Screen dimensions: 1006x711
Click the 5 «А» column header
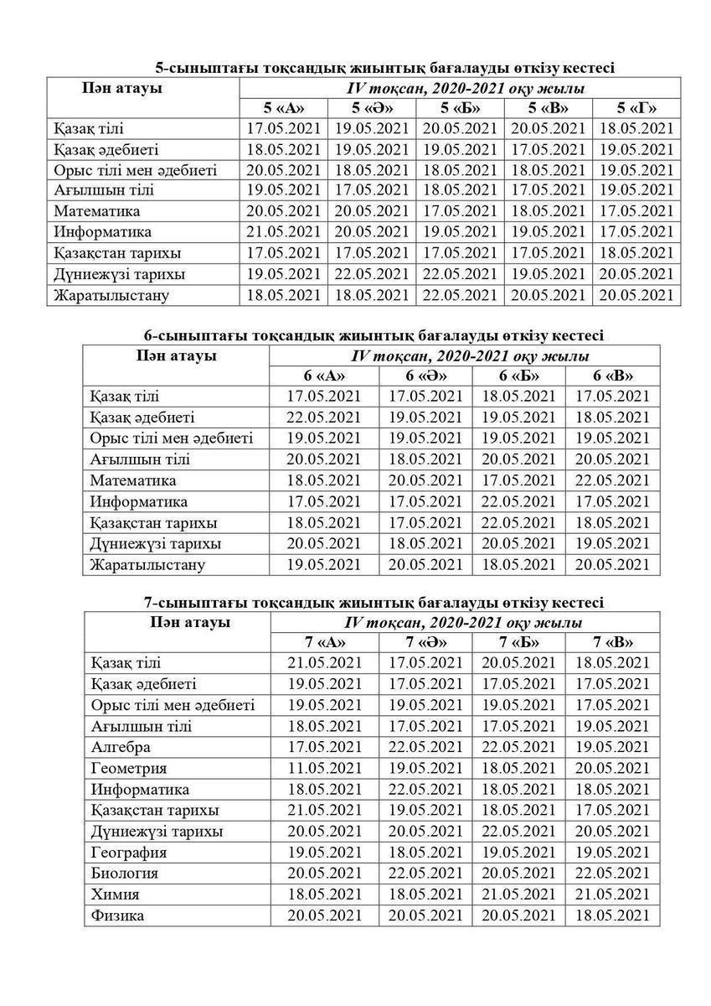click(283, 108)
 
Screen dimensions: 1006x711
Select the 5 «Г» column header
click(636, 108)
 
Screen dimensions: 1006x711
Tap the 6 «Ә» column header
click(426, 376)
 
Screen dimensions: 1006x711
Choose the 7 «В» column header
click(613, 642)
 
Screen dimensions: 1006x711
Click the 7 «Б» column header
click(519, 642)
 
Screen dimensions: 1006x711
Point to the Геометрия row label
click(129, 768)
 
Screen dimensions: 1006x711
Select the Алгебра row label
click(121, 747)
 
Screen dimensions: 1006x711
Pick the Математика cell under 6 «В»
click(613, 480)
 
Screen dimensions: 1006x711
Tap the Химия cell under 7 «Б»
click(519, 894)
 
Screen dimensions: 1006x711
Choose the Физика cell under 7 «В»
click(613, 915)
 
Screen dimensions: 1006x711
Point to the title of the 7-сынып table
click(372, 602)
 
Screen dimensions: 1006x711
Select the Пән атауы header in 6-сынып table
click(177, 355)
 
